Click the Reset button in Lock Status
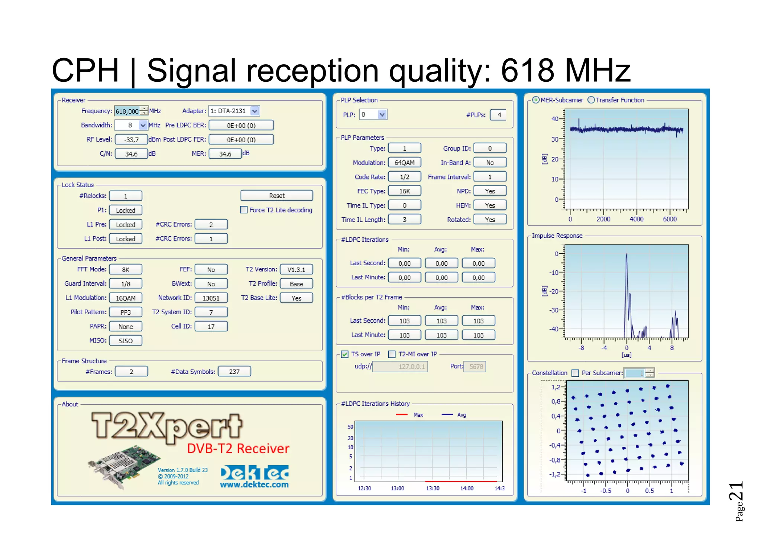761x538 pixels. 276,195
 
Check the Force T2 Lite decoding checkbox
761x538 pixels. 244,210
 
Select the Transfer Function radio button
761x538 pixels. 591,100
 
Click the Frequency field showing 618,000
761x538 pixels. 127,111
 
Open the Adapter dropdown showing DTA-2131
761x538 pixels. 255,111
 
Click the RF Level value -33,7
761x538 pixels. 131,140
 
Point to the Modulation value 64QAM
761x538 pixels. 404,163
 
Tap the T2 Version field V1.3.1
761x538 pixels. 296,270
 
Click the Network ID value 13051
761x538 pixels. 211,298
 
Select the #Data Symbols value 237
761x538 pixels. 234,372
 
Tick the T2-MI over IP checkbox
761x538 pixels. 392,354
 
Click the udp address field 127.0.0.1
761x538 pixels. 400,367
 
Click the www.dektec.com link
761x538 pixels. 254,484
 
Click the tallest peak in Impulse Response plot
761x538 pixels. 626,255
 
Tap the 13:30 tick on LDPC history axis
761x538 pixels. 433,488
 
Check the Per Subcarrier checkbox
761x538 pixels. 575,373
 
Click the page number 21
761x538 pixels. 736,491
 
